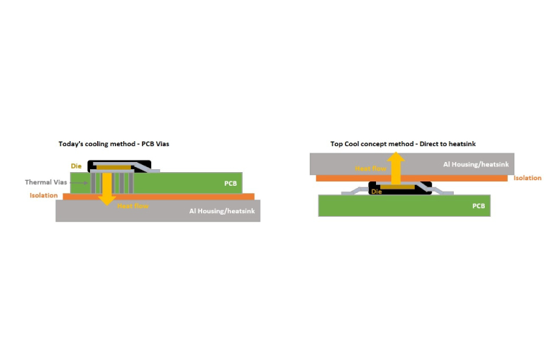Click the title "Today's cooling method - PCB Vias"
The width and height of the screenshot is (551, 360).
[114, 144]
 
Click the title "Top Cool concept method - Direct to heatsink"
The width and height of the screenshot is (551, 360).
[403, 144]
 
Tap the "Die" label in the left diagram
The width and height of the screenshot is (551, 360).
[76, 166]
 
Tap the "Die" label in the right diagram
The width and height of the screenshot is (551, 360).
[377, 192]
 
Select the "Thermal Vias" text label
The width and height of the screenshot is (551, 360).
[46, 182]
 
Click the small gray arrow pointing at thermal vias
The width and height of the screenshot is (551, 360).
[79, 183]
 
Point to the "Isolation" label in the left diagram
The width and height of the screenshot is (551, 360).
[43, 195]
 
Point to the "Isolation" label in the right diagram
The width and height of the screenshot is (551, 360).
[527, 178]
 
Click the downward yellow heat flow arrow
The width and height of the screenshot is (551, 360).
[107, 189]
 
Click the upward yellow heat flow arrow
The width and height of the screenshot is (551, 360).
[396, 168]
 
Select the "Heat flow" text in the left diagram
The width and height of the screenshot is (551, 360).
[133, 206]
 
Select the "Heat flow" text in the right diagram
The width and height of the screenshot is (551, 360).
[371, 168]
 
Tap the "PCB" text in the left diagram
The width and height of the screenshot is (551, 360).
[230, 184]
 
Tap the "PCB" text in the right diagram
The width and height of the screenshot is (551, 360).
[478, 206]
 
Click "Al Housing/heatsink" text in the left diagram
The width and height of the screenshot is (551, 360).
[222, 211]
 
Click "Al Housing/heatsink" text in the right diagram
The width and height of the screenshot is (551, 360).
[476, 164]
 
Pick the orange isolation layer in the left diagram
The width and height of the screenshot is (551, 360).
[158, 197]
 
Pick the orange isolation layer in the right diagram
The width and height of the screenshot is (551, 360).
[412, 178]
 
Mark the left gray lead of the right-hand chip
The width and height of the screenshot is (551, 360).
[355, 191]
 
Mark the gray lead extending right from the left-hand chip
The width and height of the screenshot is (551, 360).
[148, 168]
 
